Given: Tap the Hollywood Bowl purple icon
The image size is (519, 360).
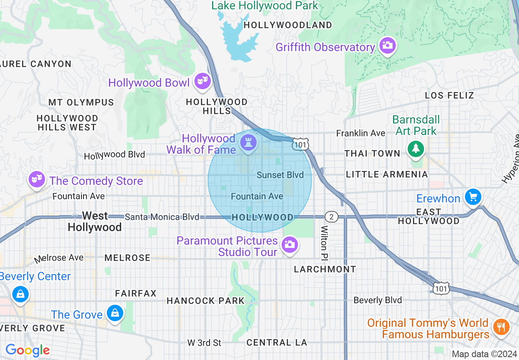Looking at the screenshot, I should (202, 81).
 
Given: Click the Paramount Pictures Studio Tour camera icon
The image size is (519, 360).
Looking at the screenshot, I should (290, 244).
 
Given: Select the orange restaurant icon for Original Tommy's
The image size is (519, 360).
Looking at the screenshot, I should (500, 326).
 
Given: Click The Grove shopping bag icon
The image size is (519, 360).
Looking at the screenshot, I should (115, 313).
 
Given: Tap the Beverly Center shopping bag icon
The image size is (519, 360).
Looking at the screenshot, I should (20, 293).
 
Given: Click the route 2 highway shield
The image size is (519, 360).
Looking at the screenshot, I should (331, 217).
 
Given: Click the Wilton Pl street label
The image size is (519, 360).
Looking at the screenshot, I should (325, 242).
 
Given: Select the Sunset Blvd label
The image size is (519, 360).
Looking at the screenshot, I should (280, 175).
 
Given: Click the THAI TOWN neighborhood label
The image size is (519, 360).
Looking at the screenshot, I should (372, 153).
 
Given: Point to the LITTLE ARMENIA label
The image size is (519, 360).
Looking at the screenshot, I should (387, 174).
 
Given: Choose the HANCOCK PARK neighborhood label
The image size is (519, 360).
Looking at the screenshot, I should (205, 301).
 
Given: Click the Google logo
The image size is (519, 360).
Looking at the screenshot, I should (27, 350).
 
